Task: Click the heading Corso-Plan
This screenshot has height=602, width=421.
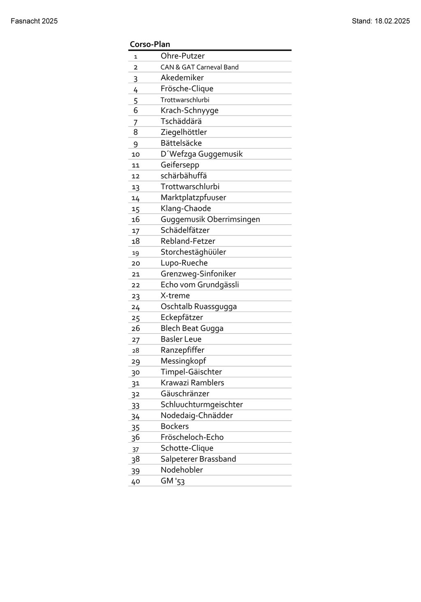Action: pos(150,44)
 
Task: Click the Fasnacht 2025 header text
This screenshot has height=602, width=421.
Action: pos(34,21)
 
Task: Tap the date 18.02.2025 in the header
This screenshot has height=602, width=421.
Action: pos(392,21)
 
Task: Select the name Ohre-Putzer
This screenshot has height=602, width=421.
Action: pos(183,56)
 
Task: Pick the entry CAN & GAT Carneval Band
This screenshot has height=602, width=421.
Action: pos(199,67)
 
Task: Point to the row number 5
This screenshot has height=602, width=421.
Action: pos(136,100)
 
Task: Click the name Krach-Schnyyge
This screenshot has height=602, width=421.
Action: pos(190,110)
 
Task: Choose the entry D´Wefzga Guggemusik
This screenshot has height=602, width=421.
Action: pos(201,154)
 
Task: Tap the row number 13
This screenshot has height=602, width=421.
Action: pos(136,187)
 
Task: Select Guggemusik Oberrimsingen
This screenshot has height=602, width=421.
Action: pos(210,219)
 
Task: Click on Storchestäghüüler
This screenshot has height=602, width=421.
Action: pos(193,252)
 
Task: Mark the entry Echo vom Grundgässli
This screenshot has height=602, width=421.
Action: pos(200,285)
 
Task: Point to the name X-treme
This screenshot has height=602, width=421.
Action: pos(175,295)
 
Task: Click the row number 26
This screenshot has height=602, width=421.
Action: pos(136,328)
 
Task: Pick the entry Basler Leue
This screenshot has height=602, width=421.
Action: pos(181,339)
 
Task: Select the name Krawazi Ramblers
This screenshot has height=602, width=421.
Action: pos(192,383)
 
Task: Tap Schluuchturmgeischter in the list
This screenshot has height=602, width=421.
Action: pos(201,404)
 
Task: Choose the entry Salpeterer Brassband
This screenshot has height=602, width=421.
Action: pos(198,459)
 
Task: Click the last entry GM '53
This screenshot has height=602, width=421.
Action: pos(173,481)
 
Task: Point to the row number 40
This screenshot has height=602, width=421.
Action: pos(136,481)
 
